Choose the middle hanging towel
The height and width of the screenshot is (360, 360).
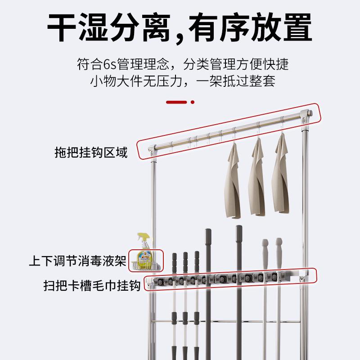coord(258,178)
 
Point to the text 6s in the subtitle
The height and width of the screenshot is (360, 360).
coord(110,64)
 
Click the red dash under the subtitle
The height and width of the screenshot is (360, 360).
coord(176,102)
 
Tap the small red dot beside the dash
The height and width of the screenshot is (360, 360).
coord(193,102)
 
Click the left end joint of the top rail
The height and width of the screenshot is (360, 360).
coord(153,147)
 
